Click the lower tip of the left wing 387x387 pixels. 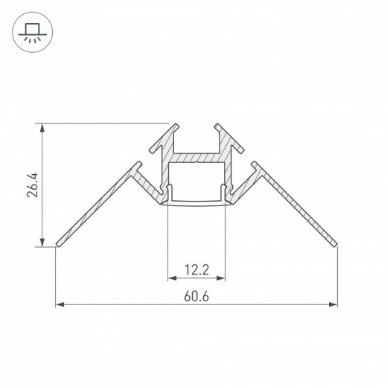click(59, 243)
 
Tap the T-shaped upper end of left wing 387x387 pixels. click(139, 168)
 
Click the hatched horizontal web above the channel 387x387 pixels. click(197, 157)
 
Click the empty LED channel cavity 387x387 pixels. click(197, 179)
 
